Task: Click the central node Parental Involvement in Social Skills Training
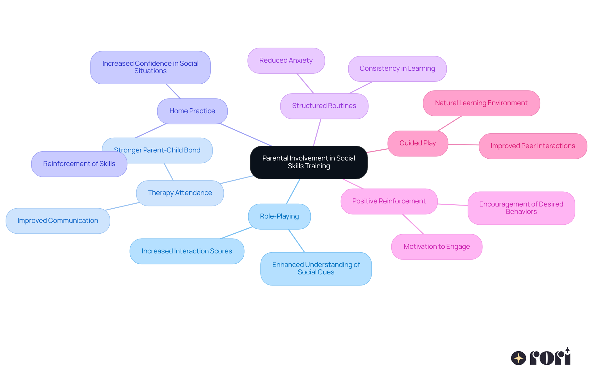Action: click(x=309, y=162)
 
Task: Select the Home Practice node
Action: click(x=192, y=111)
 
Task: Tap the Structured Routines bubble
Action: click(x=324, y=106)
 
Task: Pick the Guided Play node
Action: click(x=418, y=143)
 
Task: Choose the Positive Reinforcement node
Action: click(x=389, y=201)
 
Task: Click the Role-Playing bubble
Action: click(x=279, y=216)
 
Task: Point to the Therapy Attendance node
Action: click(x=180, y=193)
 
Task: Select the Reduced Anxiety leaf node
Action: click(x=286, y=60)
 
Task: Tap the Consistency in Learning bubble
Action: click(x=397, y=69)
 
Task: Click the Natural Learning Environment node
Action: click(x=481, y=103)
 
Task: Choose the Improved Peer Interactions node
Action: click(x=533, y=146)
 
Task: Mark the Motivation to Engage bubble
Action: click(x=436, y=247)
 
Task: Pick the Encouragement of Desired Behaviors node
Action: click(x=521, y=208)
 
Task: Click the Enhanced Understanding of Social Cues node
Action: click(x=316, y=269)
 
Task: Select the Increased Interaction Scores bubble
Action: click(x=187, y=251)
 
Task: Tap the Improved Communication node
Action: click(x=58, y=221)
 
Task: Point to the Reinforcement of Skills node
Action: click(x=79, y=164)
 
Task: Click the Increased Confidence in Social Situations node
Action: click(x=150, y=67)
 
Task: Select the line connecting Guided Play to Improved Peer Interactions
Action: click(x=463, y=144)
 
